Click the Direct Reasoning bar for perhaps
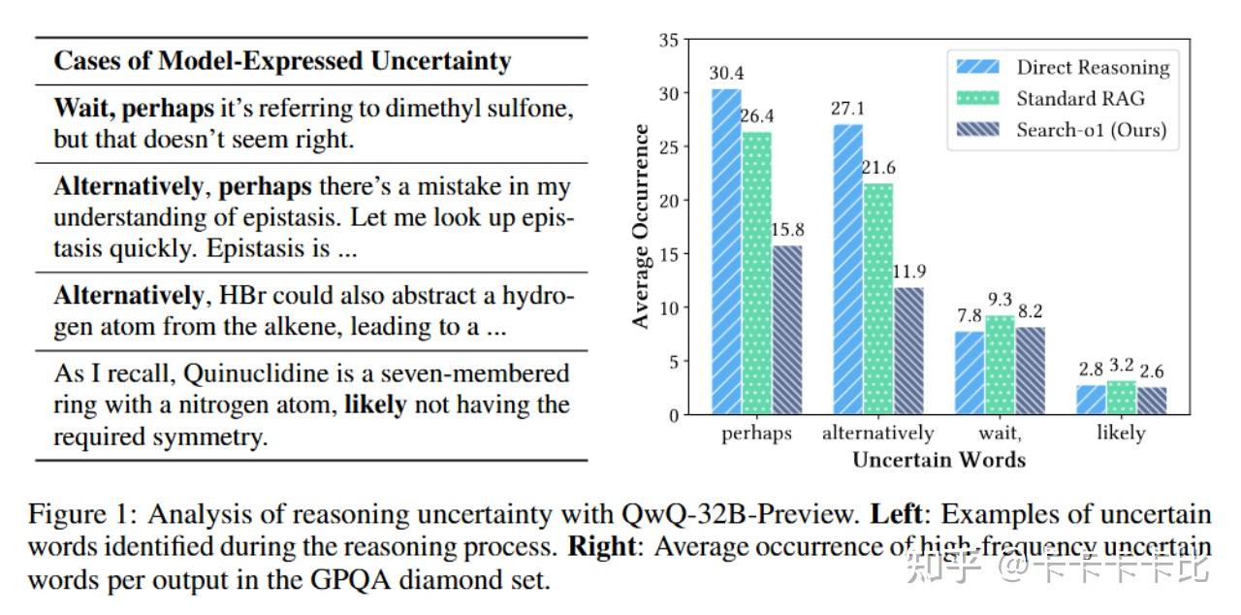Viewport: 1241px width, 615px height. tap(726, 252)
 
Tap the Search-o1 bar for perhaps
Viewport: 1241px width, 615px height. tap(786, 330)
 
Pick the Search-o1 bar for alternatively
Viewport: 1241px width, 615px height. tap(907, 351)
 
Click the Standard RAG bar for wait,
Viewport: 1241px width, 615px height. tap(999, 365)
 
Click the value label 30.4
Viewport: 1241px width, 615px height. tap(726, 74)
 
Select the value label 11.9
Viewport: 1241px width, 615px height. tap(908, 272)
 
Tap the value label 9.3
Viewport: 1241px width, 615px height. tap(1000, 300)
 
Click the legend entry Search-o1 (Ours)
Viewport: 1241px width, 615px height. tap(1091, 129)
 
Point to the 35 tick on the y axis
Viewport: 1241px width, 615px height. tap(668, 41)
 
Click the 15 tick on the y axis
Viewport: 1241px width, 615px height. tap(668, 254)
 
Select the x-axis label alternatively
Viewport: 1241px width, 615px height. tap(877, 434)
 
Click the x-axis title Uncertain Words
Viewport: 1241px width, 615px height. tap(939, 460)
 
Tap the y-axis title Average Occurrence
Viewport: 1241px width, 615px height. tap(641, 227)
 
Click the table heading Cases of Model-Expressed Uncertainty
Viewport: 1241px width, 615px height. tap(282, 61)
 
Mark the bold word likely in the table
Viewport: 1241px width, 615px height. tap(375, 405)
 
